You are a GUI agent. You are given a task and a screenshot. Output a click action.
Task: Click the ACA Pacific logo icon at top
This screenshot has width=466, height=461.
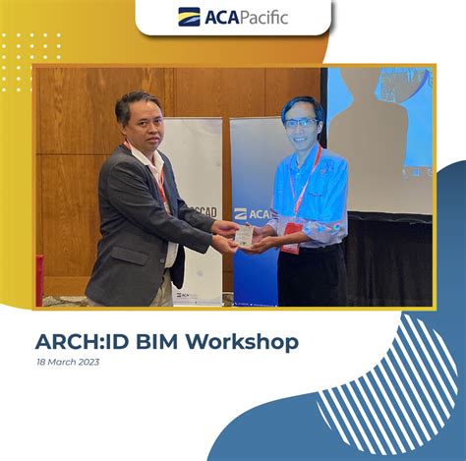189,17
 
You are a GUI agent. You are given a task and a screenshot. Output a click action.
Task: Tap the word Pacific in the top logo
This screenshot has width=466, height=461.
261,17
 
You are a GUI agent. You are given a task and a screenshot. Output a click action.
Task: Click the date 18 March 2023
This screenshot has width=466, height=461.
67,363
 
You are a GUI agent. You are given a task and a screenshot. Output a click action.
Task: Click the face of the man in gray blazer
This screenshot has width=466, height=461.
140,121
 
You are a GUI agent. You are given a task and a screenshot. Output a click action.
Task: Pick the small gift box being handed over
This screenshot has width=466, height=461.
243,234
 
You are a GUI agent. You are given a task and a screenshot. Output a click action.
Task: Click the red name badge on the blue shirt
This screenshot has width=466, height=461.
290,245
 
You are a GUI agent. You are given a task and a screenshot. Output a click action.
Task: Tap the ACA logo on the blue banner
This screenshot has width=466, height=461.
254,213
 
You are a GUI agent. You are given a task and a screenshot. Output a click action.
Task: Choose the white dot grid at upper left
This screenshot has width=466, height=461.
30,59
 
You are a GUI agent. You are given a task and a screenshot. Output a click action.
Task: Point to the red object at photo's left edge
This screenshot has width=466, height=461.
39,280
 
